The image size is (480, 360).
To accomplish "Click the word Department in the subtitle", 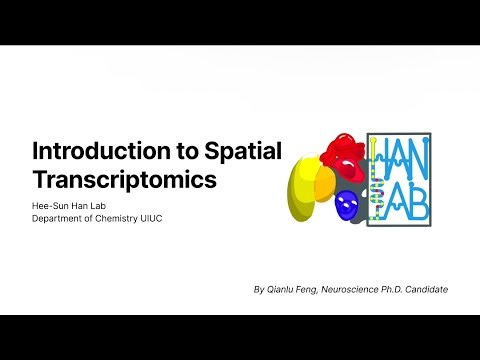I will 59,220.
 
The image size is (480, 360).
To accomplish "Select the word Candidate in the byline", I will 425,289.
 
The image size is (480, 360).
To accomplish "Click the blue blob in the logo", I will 346,207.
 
